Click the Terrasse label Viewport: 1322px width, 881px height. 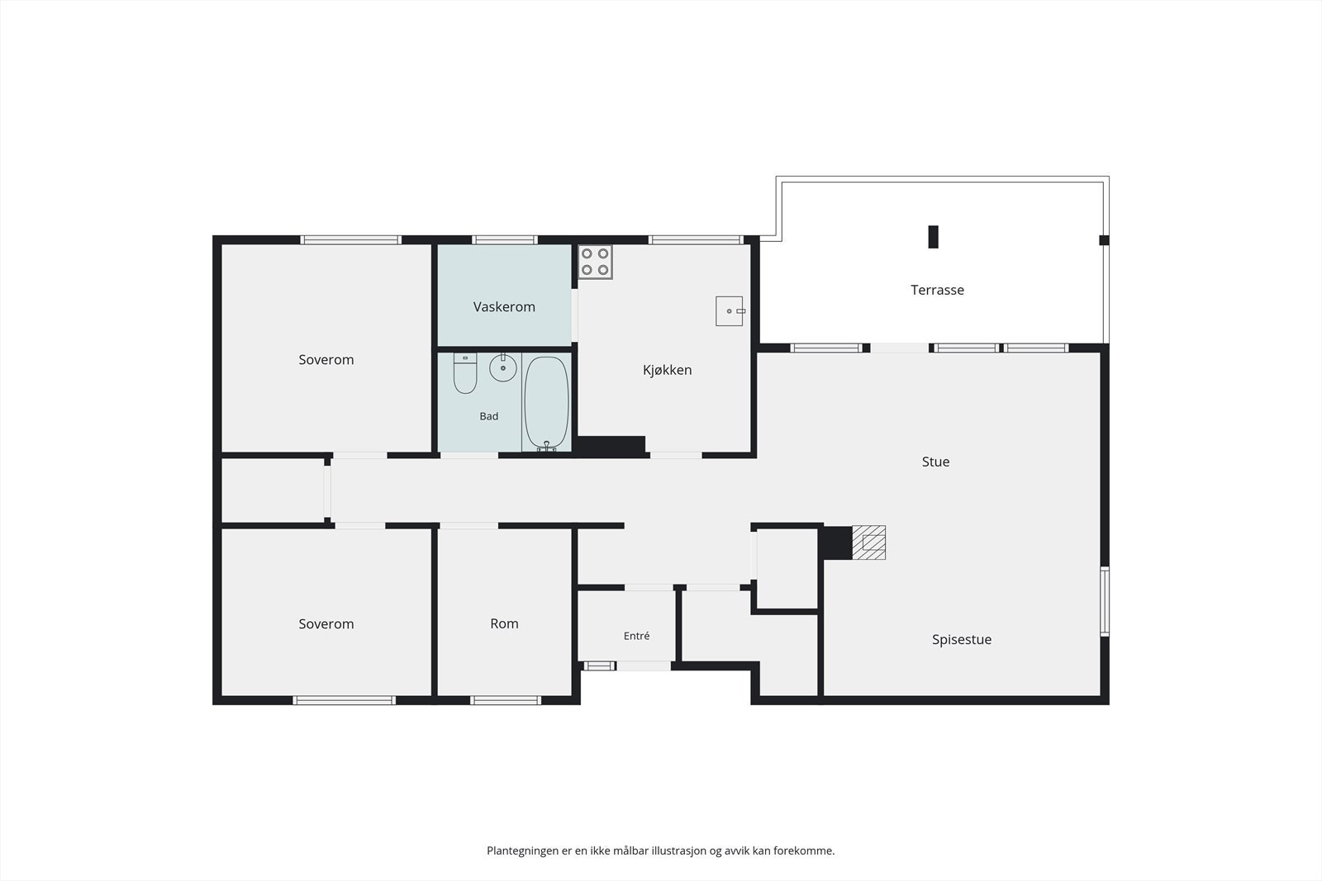[x=937, y=290]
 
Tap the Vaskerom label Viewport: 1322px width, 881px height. [x=504, y=306]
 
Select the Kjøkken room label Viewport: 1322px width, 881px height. [x=667, y=370]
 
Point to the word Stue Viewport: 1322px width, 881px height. [x=935, y=462]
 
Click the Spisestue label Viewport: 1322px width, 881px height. [x=962, y=640]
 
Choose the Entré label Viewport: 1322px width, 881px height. [x=636, y=636]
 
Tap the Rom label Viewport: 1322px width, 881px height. [x=504, y=623]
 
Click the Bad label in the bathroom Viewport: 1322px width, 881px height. [x=488, y=416]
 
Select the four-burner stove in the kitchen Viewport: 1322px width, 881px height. [x=595, y=262]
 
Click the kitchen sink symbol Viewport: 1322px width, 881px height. [x=730, y=310]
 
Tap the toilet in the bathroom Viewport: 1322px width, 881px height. [x=465, y=373]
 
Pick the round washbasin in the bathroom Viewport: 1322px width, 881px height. [x=503, y=368]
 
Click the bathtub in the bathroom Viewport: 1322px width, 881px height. [x=546, y=403]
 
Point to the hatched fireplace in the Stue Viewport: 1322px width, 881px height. [x=868, y=542]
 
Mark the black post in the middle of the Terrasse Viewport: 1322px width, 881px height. [x=933, y=237]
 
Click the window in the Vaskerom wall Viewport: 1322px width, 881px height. [x=505, y=240]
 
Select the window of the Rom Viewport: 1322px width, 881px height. [x=506, y=700]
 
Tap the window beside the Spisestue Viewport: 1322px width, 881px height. [x=1105, y=601]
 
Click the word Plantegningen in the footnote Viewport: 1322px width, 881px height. [x=523, y=851]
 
